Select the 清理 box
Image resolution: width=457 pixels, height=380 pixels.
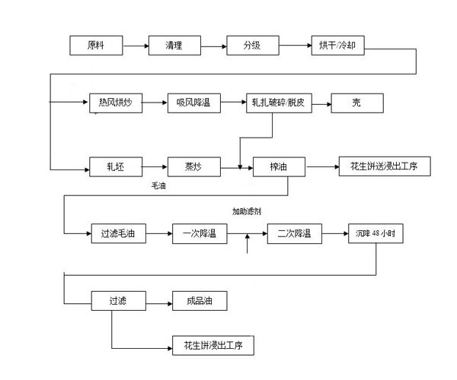pyautogui.click(x=174, y=46)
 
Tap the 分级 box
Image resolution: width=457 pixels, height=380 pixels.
pyautogui.click(x=252, y=46)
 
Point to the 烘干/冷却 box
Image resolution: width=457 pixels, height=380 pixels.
pyautogui.click(x=337, y=46)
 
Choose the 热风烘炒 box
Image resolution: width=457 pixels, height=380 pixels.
pyautogui.click(x=115, y=103)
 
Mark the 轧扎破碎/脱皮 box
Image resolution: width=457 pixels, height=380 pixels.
pyautogui.click(x=275, y=103)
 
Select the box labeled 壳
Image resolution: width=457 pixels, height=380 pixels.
pyautogui.click(x=356, y=103)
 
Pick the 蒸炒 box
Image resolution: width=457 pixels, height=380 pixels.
pyautogui.click(x=193, y=166)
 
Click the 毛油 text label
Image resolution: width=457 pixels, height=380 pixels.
pyautogui.click(x=159, y=185)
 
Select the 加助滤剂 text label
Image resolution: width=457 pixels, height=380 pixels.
pyautogui.click(x=248, y=212)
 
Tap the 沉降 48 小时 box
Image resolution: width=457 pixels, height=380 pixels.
pyautogui.click(x=375, y=234)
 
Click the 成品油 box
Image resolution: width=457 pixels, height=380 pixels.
pyautogui.click(x=200, y=301)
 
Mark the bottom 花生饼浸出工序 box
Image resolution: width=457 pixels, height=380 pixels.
pyautogui.click(x=213, y=346)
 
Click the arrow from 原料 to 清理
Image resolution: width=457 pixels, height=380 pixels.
pyautogui.click(x=135, y=46)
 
